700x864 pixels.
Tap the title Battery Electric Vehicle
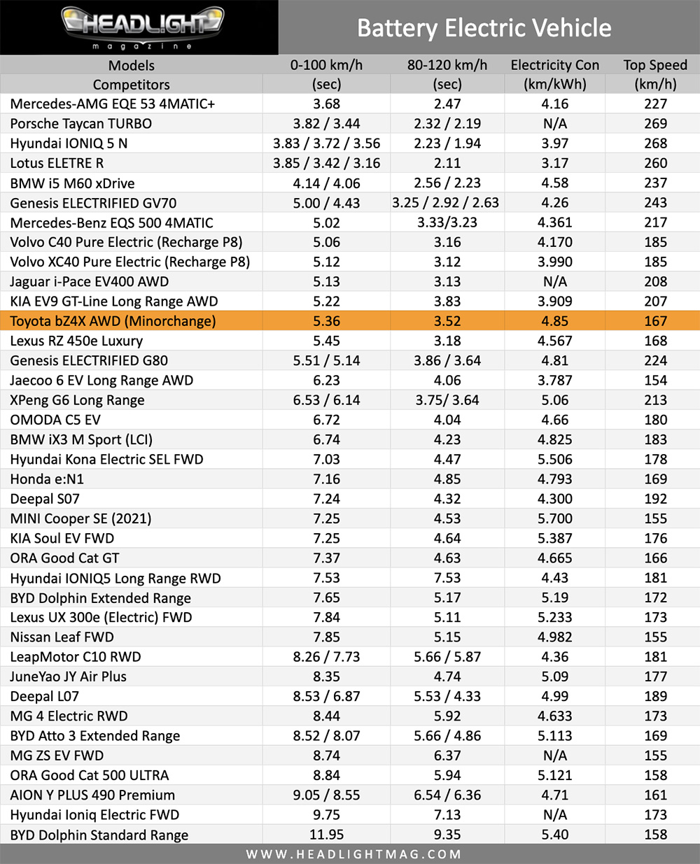484,28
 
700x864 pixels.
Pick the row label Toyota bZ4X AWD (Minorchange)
113,321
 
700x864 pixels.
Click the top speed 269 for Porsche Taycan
655,124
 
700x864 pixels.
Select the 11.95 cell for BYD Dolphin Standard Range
326,835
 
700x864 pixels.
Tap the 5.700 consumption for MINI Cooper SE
554,518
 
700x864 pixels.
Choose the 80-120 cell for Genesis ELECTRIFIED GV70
447,203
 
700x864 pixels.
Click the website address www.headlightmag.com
353,854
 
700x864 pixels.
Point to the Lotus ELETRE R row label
57,163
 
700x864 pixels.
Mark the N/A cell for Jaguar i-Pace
554,282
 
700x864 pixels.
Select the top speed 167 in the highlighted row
655,321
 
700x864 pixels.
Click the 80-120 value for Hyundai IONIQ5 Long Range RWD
447,578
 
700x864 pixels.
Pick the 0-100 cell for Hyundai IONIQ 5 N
326,143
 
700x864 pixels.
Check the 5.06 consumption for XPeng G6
554,400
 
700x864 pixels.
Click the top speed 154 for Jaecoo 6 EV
655,381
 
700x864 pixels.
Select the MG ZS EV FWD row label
57,756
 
